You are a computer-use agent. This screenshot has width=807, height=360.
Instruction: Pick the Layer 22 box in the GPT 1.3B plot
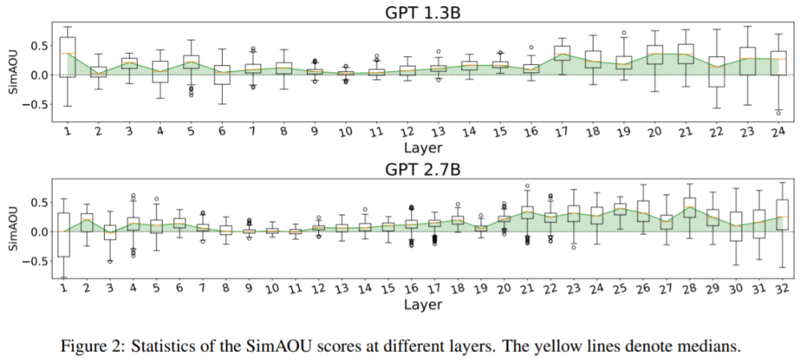click(x=716, y=72)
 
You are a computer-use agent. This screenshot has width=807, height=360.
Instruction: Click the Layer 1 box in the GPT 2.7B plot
click(x=64, y=235)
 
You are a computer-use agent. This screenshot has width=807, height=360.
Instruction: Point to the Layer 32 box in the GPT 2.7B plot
click(x=782, y=215)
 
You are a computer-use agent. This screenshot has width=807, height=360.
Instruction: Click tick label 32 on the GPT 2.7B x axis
click(x=780, y=288)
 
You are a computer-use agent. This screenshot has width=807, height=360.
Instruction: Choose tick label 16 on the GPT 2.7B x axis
click(x=410, y=288)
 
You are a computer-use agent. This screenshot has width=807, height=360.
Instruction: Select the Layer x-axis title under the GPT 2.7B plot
click(x=423, y=304)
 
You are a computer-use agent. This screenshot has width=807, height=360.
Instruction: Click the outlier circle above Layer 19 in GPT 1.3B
click(x=623, y=33)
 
